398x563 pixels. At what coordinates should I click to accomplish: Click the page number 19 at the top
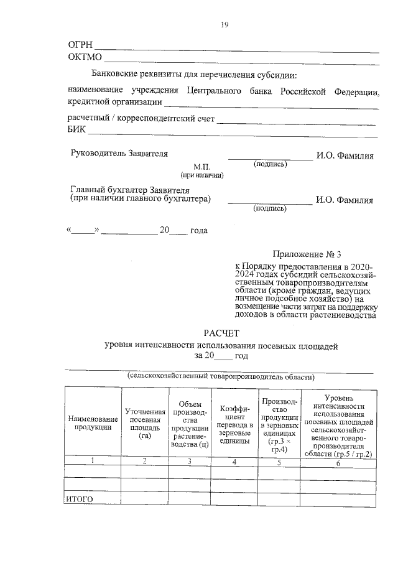click(x=225, y=25)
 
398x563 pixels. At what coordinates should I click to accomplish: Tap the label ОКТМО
click(x=85, y=58)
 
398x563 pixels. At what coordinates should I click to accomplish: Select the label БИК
click(x=76, y=130)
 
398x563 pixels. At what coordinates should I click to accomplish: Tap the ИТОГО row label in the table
click(x=79, y=499)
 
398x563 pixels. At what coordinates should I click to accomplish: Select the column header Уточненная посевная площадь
click(x=145, y=423)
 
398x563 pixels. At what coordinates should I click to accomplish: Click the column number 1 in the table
click(x=93, y=461)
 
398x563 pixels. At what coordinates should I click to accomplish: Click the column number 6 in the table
click(x=339, y=462)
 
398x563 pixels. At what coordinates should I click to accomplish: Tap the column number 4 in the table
click(x=234, y=462)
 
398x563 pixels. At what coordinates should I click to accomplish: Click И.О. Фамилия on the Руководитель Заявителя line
click(x=345, y=156)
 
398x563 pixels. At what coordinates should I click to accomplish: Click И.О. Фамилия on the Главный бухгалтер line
click(x=345, y=200)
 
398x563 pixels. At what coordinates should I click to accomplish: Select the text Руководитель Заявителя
click(x=119, y=152)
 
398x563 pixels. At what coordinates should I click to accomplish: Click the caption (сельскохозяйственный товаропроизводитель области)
click(x=221, y=376)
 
